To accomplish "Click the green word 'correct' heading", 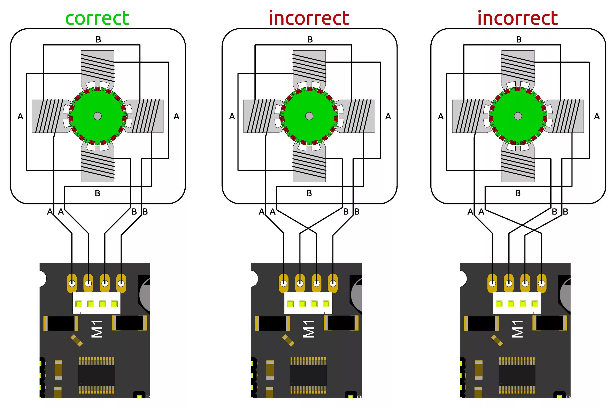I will pyautogui.click(x=97, y=18).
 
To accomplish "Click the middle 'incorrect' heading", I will pyautogui.click(x=309, y=18).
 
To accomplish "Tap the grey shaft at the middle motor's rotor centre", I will pyautogui.click(x=309, y=116).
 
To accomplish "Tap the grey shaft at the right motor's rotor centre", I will pyautogui.click(x=518, y=116).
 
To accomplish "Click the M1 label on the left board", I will pyautogui.click(x=97, y=329).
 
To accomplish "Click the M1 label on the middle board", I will pyautogui.click(x=309, y=329).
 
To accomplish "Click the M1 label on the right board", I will pyautogui.click(x=517, y=329).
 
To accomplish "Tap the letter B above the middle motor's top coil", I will pyautogui.click(x=310, y=39).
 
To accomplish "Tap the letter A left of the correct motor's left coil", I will pyautogui.click(x=20, y=116).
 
